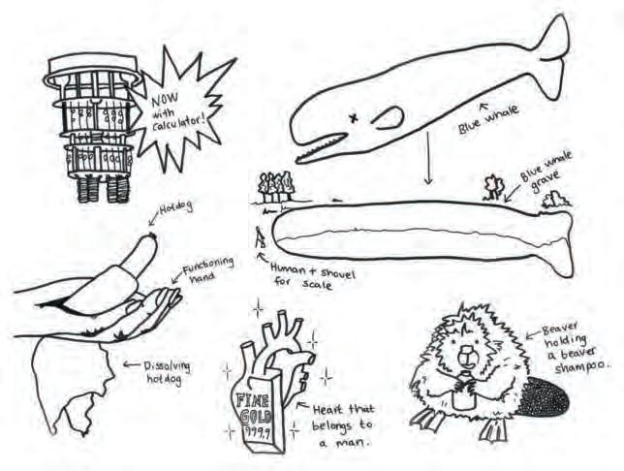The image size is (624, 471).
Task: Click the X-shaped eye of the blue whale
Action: [x=354, y=118]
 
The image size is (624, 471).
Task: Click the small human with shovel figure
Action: [x=259, y=237]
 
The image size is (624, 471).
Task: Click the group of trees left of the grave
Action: [x=275, y=186]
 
